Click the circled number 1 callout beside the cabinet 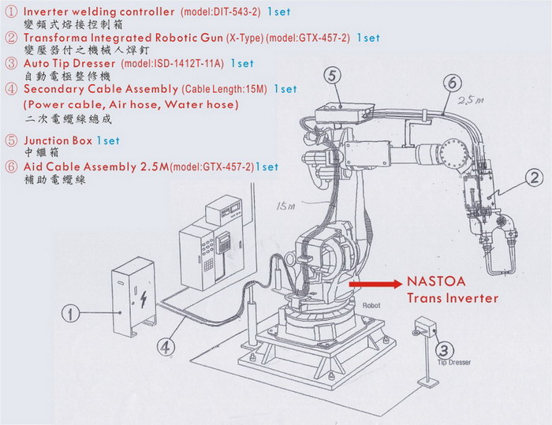(73, 315)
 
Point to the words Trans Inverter (453, 298)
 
